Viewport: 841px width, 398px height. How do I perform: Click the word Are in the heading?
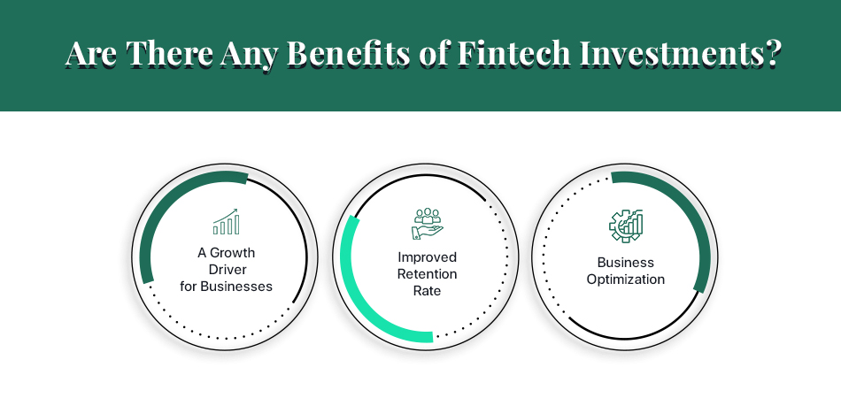click(92, 54)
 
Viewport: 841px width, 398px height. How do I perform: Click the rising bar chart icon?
click(226, 222)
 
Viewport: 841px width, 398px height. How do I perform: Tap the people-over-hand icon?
click(427, 224)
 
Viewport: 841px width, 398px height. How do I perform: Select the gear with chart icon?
click(626, 225)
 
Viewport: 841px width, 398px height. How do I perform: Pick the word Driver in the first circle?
click(226, 270)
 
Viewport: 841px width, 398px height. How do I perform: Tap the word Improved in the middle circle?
click(427, 257)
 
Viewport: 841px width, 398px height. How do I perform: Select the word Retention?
click(427, 274)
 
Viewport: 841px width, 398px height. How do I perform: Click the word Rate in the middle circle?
click(427, 291)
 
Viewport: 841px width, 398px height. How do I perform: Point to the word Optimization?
click(626, 279)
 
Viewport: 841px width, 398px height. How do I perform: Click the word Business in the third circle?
click(626, 263)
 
